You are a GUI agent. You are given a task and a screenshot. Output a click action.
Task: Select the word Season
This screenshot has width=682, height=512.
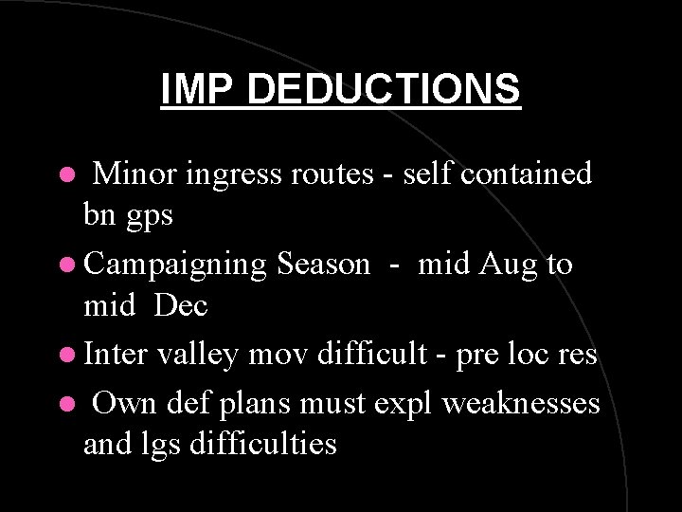point(324,264)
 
